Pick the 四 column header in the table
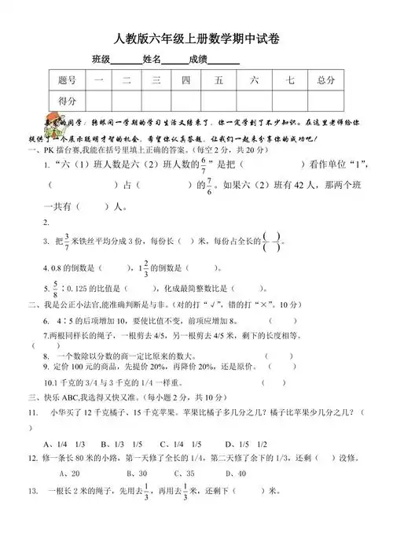[x=185, y=79]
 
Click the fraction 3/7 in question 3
[x=67, y=241]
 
